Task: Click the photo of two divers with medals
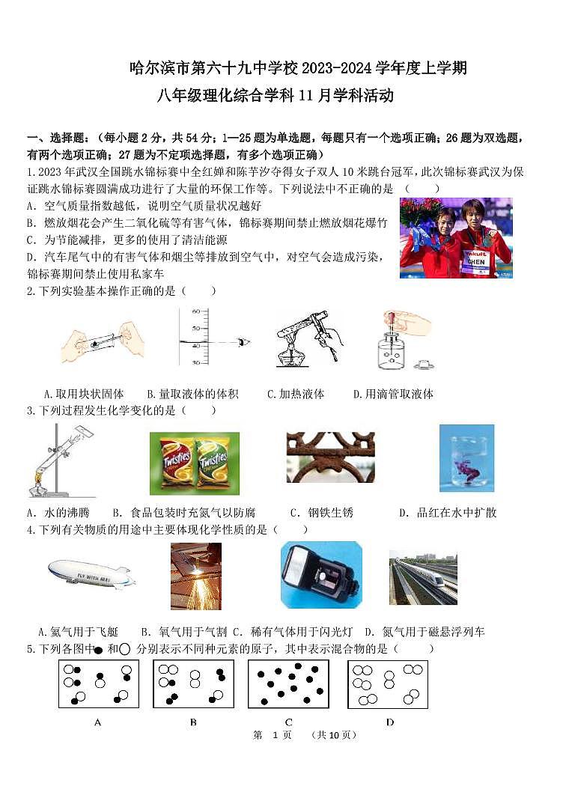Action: [456, 237]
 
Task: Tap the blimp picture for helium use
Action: [91, 574]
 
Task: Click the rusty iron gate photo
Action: [330, 457]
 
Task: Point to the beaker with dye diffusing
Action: [466, 458]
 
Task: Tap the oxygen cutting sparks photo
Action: [196, 576]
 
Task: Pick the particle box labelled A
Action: [99, 684]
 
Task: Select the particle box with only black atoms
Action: [288, 684]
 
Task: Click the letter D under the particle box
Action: [389, 722]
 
